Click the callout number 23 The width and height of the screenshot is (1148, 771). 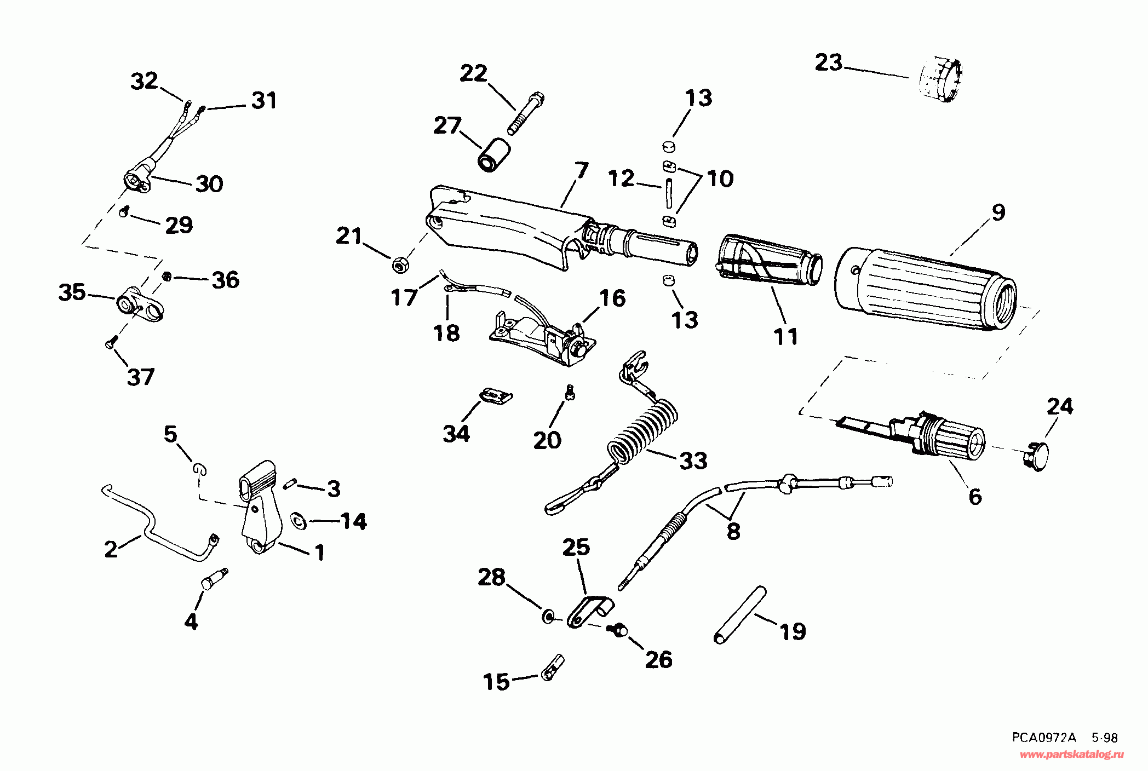828,62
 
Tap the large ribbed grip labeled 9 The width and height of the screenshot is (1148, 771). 926,290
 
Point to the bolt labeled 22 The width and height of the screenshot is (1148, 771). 526,114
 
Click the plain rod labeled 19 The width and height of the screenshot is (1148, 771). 740,614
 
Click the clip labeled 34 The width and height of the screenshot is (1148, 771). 496,395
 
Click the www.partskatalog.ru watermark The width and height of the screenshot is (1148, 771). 1071,755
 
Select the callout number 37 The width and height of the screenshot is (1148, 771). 141,377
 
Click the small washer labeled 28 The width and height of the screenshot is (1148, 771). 548,617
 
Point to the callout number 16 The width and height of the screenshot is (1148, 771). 612,298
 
